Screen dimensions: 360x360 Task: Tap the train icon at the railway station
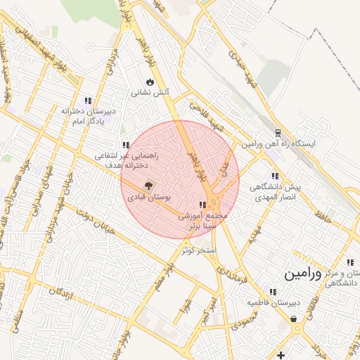tap(277, 132)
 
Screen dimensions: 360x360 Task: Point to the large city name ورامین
tap(303, 274)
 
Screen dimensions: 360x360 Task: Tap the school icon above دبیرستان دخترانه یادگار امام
tap(88, 100)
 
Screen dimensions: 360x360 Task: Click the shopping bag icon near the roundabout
tap(292, 319)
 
